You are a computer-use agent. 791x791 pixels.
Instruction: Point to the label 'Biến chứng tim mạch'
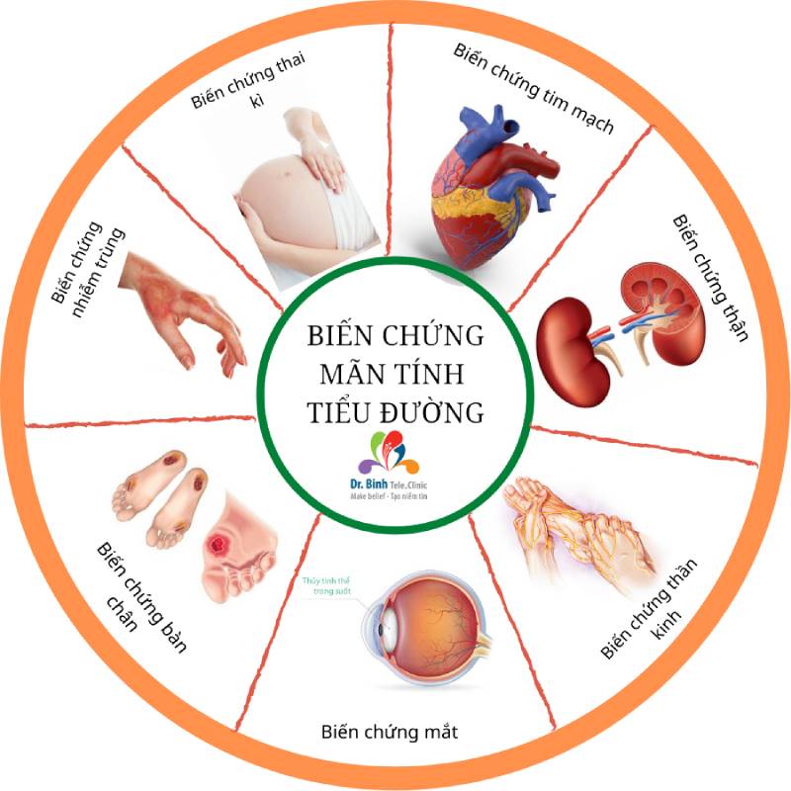pyautogui.click(x=535, y=89)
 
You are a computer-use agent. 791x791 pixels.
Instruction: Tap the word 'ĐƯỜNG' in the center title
pyautogui.click(x=436, y=412)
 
